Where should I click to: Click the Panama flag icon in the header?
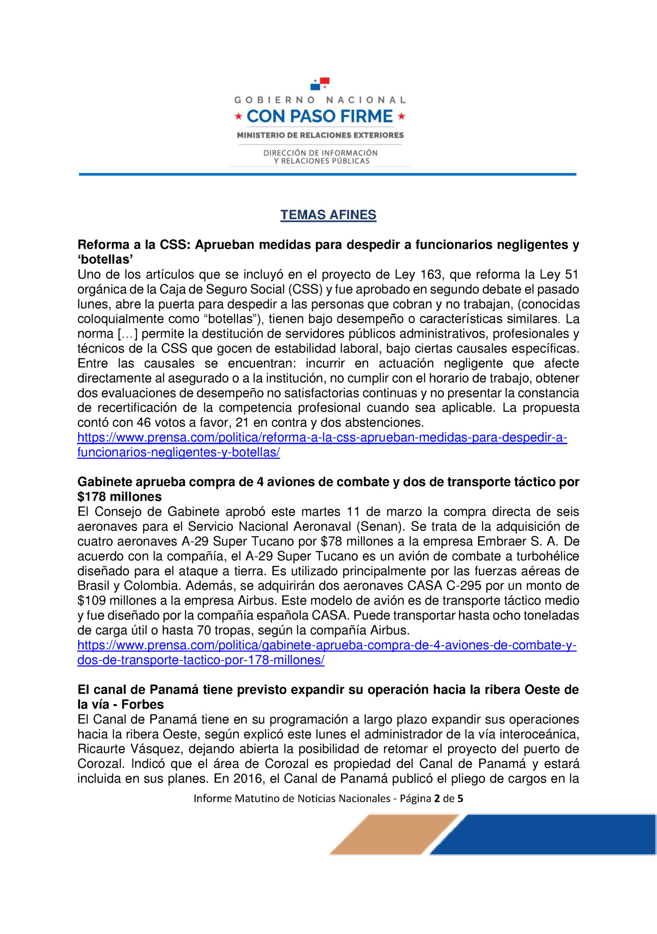pos(320,84)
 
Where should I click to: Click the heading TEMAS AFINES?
pos(328,215)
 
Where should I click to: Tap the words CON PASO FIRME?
pos(320,117)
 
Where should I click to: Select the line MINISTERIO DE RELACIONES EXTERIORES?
pos(320,135)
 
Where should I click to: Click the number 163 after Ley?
pos(431,275)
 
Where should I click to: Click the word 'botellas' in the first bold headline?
pos(105,260)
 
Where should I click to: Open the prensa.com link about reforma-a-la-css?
pos(322,438)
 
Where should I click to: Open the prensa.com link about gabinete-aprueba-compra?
pos(327,646)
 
